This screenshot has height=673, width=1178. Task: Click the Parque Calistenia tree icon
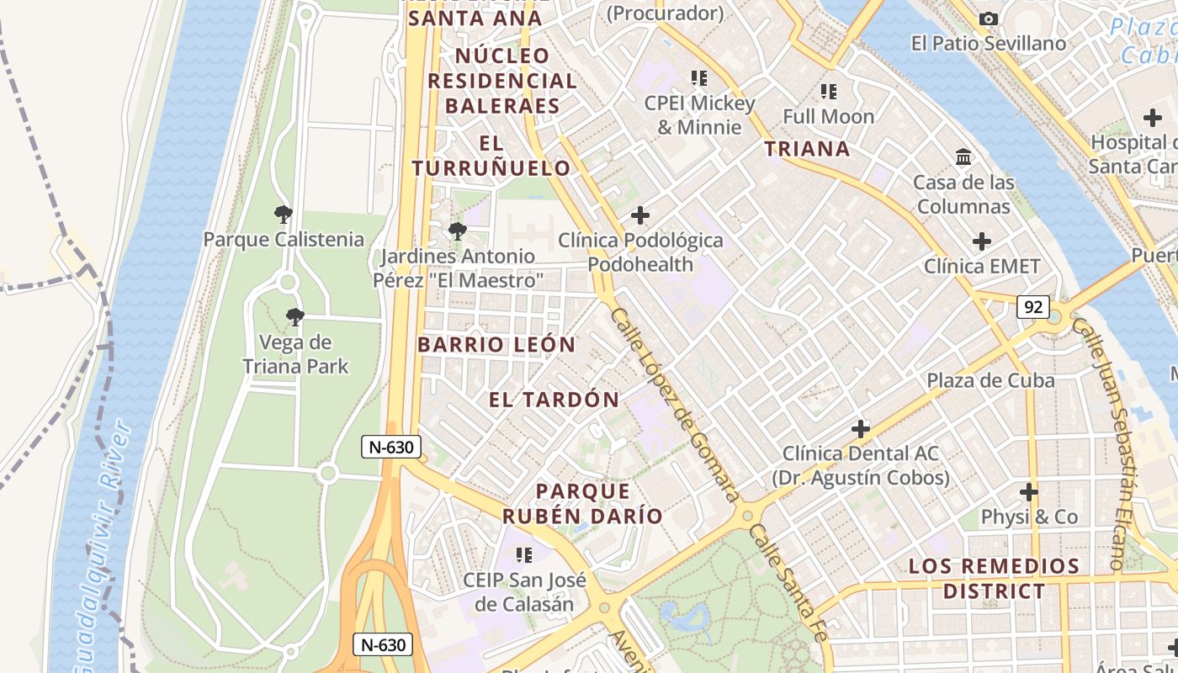pyautogui.click(x=284, y=215)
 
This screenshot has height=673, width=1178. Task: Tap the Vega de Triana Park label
pyautogui.click(x=295, y=354)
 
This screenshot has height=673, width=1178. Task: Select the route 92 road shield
pyautogui.click(x=1032, y=307)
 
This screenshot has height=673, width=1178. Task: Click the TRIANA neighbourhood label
pyautogui.click(x=807, y=149)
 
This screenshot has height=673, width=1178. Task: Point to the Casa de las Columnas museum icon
pyautogui.click(x=963, y=157)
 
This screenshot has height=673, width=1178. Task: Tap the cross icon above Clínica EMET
pyautogui.click(x=982, y=242)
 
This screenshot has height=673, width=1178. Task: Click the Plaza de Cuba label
pyautogui.click(x=990, y=380)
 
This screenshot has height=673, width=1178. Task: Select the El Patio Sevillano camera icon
pyautogui.click(x=990, y=19)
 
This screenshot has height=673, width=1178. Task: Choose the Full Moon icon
pyautogui.click(x=829, y=92)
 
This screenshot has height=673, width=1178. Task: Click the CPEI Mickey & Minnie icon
pyautogui.click(x=699, y=78)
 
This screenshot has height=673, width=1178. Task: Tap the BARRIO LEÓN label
pyautogui.click(x=496, y=344)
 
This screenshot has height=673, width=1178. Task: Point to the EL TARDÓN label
pyautogui.click(x=554, y=400)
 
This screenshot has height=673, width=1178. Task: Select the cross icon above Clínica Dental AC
pyautogui.click(x=860, y=429)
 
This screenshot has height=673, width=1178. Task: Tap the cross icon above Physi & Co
pyautogui.click(x=1029, y=492)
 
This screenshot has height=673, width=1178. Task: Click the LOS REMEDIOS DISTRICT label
pyautogui.click(x=994, y=579)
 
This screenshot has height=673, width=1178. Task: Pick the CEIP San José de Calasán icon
pyautogui.click(x=524, y=555)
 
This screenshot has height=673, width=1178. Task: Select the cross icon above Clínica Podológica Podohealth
pyautogui.click(x=640, y=215)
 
